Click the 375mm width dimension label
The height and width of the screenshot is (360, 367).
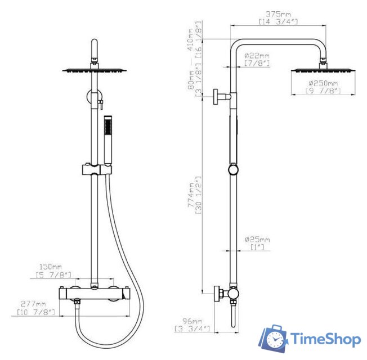(278, 14)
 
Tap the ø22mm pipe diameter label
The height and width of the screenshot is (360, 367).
(257, 56)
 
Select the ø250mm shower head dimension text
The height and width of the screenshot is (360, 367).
(323, 83)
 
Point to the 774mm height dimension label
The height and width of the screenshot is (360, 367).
(191, 195)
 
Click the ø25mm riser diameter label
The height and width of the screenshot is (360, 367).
(257, 240)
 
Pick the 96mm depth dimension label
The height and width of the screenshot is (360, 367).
(192, 321)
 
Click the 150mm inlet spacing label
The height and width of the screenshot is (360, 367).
(50, 267)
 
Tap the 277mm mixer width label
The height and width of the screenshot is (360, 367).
(33, 304)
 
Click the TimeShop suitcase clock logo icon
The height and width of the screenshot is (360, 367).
(273, 338)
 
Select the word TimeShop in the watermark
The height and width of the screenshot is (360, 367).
(325, 339)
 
